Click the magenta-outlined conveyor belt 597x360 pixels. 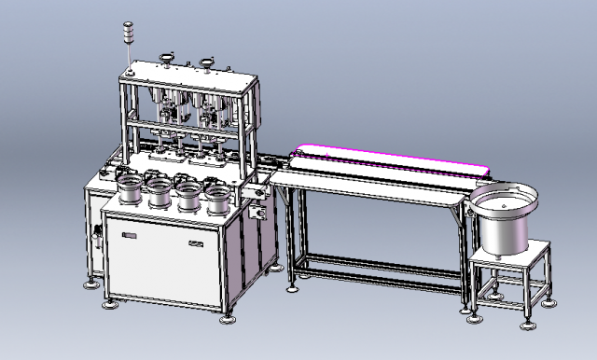(x=392, y=159)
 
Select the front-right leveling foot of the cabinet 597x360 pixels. (x=228, y=320)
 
